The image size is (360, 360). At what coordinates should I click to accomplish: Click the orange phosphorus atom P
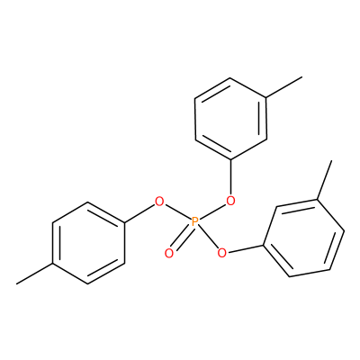tap(195, 222)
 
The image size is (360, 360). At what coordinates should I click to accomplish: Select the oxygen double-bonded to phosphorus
tap(169, 254)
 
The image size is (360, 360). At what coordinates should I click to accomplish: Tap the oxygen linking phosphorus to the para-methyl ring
tap(159, 202)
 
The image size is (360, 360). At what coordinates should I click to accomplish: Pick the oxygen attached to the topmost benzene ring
tap(230, 201)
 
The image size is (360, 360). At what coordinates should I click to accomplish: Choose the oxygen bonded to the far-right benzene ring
tap(221, 253)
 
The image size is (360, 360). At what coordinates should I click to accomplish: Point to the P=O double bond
tap(183, 238)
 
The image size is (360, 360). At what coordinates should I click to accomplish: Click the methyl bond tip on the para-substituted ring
tap(17, 283)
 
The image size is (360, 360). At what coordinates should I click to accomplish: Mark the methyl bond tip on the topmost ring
tap(301, 77)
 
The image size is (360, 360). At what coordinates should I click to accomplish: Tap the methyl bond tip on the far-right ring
tap(331, 161)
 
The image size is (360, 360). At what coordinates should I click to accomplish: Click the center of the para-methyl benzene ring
tap(88, 243)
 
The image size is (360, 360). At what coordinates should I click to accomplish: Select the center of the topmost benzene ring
tap(230, 119)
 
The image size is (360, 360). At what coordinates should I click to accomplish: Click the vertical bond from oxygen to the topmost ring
tap(230, 177)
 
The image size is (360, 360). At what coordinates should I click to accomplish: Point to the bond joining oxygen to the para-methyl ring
tap(139, 214)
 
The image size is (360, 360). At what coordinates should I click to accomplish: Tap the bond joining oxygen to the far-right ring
tap(245, 249)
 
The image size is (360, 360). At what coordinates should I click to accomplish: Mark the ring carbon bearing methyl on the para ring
tap(53, 264)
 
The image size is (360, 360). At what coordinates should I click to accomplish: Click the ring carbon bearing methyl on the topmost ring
tap(266, 98)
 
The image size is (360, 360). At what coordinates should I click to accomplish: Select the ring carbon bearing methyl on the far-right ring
tap(318, 199)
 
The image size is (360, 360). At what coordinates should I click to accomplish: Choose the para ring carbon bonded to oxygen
tap(124, 223)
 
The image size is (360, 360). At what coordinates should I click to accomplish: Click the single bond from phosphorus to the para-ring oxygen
tap(178, 212)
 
